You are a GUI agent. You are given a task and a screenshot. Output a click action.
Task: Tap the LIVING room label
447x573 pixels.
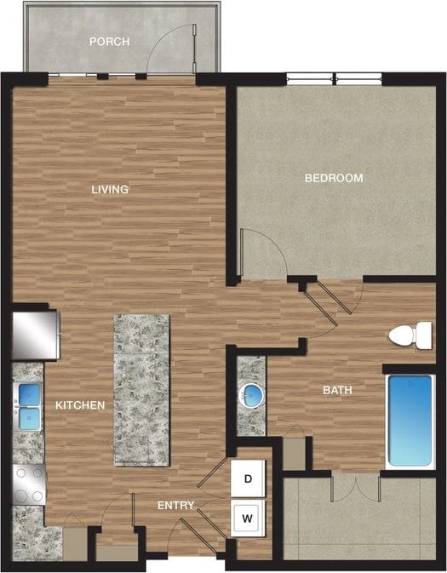111,189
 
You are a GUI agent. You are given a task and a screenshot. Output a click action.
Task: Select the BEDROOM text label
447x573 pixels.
334,178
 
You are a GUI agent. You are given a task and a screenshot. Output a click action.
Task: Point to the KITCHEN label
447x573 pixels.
80,405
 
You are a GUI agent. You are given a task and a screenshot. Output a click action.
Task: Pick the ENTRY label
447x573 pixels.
176,506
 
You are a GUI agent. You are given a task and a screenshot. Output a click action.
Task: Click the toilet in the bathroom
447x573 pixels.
412,335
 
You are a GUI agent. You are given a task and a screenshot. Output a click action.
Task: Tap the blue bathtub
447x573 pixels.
410,421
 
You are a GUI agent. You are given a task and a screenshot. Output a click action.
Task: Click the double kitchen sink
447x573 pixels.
30,406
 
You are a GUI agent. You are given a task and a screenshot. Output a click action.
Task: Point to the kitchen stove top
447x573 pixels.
30,484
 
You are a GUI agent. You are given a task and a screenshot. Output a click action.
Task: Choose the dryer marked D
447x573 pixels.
249,478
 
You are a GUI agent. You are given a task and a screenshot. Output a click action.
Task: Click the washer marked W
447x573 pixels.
249,517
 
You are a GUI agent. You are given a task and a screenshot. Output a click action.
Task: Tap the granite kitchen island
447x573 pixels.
141,389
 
